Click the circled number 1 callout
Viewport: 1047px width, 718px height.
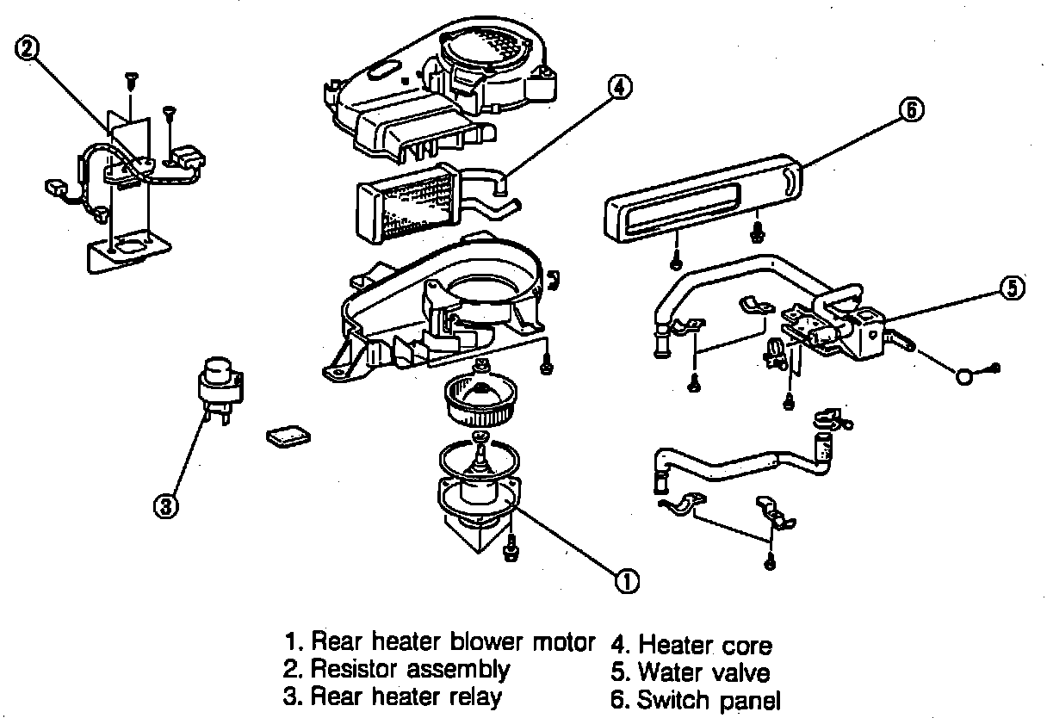[x=626, y=582]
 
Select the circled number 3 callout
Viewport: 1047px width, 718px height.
[x=165, y=506]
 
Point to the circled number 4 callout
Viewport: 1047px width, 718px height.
[x=619, y=87]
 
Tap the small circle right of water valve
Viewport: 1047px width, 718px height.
[x=966, y=375]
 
